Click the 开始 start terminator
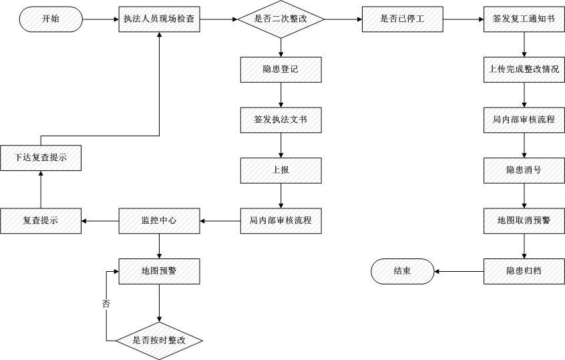51,19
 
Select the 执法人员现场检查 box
159,19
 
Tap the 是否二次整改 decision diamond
280,19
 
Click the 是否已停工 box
402,19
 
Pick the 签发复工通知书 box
524,19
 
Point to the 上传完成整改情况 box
524,69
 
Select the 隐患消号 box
524,170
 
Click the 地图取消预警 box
524,220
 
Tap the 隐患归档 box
524,271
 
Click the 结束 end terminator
402,271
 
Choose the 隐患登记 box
280,69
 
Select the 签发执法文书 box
280,120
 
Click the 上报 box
280,170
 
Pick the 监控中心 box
159,220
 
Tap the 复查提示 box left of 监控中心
41,220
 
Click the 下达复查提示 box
41,158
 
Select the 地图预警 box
159,271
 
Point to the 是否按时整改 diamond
159,341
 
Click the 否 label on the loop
106,304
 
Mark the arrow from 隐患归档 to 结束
459,271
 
